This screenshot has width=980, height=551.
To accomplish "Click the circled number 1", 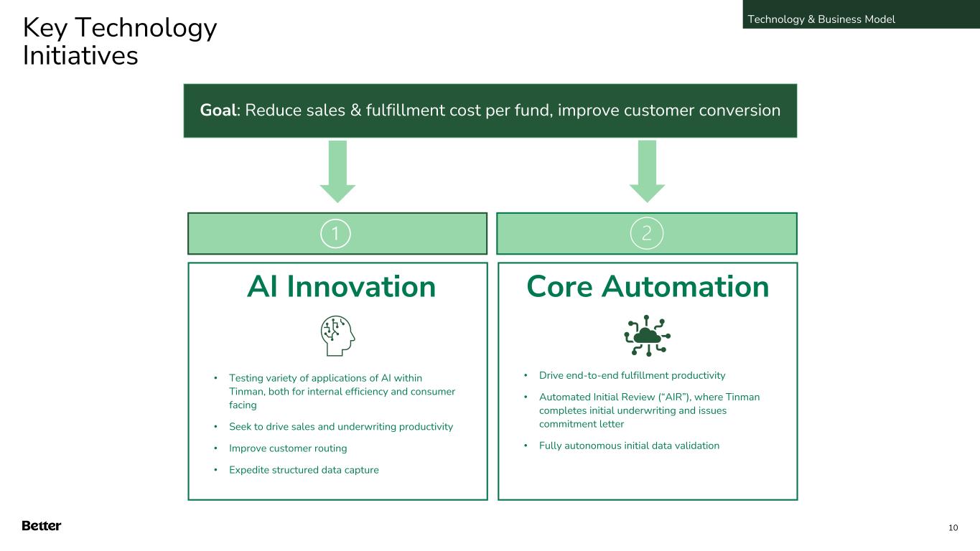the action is [335, 233].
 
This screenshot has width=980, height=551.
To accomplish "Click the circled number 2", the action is [647, 233].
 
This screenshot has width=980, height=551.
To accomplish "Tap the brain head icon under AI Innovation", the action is [337, 336].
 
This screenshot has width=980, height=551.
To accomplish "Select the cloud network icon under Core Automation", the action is [647, 336].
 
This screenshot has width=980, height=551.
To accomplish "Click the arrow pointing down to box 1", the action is [337, 171].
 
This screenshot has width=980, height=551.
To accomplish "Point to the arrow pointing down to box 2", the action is [647, 171].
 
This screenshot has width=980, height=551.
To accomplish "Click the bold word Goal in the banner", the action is [218, 110].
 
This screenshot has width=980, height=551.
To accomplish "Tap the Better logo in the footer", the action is [42, 525].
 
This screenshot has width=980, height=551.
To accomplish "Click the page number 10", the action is [953, 528].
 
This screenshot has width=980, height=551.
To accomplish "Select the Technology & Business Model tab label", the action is [821, 19].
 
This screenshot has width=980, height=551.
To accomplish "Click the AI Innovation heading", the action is [341, 287].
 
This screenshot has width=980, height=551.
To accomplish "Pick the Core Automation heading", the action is [648, 287].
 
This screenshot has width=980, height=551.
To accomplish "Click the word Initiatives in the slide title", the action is [80, 55].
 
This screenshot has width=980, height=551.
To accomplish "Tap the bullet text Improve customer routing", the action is [288, 448].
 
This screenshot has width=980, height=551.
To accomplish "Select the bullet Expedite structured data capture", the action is [304, 470].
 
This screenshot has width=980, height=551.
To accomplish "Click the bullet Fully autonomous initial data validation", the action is [629, 446].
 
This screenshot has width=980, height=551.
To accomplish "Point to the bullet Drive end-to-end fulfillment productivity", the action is [633, 376].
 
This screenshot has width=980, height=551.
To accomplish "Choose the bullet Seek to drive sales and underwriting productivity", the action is [341, 427].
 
